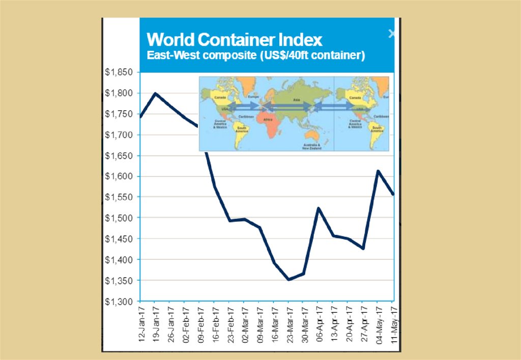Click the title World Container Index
(x=235, y=40)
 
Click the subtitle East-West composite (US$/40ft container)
(x=256, y=55)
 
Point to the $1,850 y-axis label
(x=119, y=72)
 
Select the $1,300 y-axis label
(x=119, y=302)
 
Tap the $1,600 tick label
(x=119, y=176)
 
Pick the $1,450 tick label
(x=119, y=239)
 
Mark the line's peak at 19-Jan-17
(x=155, y=94)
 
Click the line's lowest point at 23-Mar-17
(x=288, y=280)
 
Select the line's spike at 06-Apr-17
(x=318, y=208)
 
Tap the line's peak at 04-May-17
(x=378, y=171)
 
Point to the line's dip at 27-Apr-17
(x=363, y=248)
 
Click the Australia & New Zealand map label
(x=312, y=147)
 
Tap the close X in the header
(x=391, y=34)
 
